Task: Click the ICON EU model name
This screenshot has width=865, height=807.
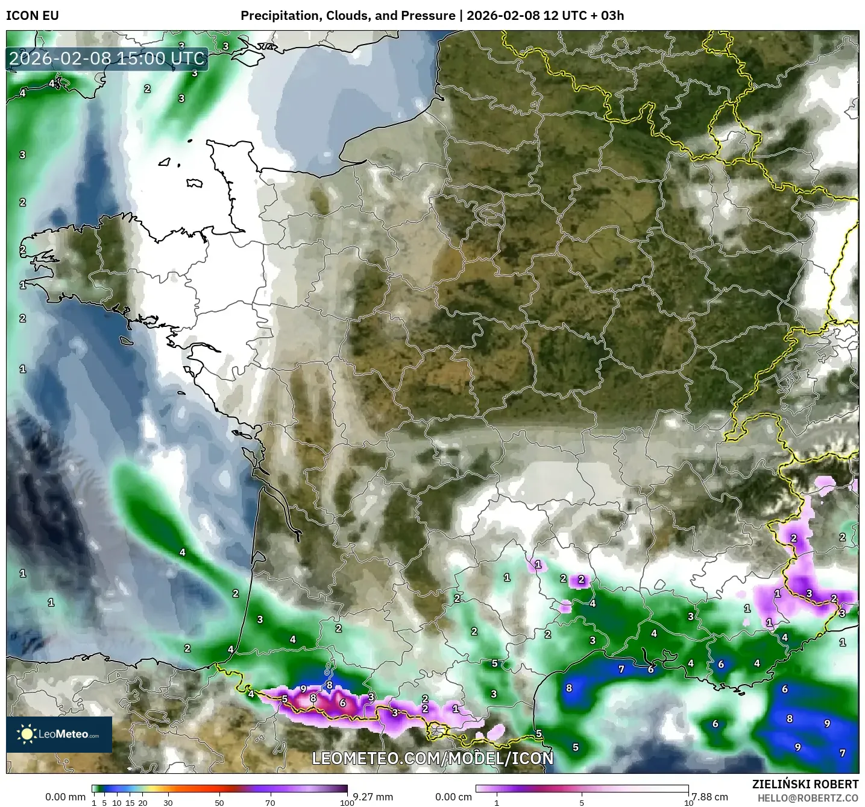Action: click(33, 16)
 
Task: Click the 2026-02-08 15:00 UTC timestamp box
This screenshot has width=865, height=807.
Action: click(107, 59)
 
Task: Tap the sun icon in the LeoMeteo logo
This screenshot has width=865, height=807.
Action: click(27, 734)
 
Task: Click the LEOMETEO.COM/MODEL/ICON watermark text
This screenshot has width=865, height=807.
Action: click(432, 758)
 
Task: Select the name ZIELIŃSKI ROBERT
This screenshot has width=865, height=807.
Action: click(805, 784)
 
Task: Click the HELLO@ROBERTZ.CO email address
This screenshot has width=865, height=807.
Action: click(808, 798)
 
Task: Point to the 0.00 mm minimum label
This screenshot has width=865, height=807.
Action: click(65, 797)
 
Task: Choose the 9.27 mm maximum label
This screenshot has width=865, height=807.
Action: click(373, 797)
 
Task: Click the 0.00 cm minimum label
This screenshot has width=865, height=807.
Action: click(453, 797)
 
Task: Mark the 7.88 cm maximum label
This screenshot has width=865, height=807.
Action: click(709, 797)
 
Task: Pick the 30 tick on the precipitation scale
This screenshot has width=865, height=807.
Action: click(168, 803)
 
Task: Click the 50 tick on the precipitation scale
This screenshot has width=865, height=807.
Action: click(219, 803)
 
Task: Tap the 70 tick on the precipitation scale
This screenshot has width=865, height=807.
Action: click(271, 803)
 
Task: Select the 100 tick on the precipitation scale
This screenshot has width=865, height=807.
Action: click(347, 803)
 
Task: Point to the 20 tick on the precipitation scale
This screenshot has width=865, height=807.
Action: click(143, 803)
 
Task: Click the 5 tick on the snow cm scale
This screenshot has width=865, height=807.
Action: click(582, 803)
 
